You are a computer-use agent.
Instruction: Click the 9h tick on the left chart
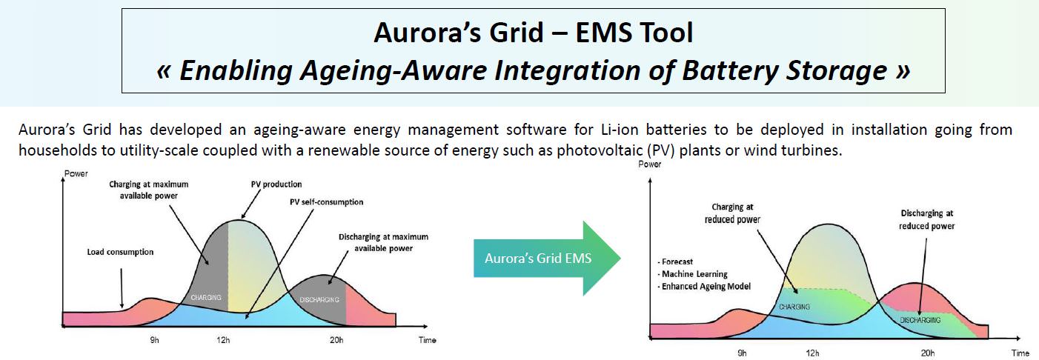[154, 340]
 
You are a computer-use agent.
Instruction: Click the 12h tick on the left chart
[223, 340]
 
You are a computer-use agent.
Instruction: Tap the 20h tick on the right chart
[928, 353]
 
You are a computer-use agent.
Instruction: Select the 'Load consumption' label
[120, 252]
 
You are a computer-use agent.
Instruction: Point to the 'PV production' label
[276, 184]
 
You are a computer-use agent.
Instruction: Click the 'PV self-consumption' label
[327, 201]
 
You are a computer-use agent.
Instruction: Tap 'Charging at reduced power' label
[732, 213]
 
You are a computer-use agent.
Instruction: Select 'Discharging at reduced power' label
[927, 219]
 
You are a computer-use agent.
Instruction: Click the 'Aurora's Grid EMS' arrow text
[538, 258]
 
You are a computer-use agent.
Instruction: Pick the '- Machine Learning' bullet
[692, 274]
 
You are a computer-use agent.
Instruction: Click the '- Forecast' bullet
[675, 261]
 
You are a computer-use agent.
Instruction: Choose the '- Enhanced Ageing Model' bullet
[704, 286]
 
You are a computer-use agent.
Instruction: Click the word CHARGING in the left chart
[206, 297]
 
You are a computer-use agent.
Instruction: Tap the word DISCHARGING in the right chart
[920, 320]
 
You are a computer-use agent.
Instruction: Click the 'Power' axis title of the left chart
[76, 173]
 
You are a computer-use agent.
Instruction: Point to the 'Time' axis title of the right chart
[1020, 353]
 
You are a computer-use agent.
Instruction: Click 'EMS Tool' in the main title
[634, 33]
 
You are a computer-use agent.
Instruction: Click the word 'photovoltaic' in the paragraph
[594, 150]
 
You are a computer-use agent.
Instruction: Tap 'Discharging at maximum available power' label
[384, 243]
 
